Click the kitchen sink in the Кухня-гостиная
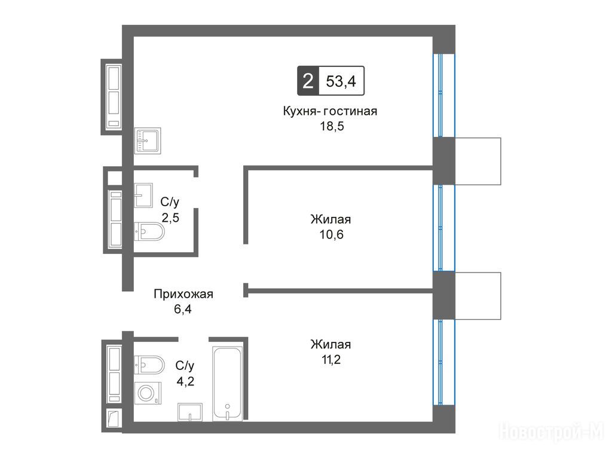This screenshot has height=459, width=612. (x=148, y=140)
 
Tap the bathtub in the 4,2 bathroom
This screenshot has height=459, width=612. (x=228, y=384)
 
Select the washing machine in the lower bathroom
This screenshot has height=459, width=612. (x=148, y=393)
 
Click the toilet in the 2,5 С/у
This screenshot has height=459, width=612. (x=149, y=231)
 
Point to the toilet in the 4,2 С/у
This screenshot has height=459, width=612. (x=149, y=365)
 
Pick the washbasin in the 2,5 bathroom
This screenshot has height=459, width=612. (x=143, y=195)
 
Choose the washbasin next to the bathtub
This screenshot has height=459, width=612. (x=190, y=412)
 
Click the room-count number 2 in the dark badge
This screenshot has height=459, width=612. (x=308, y=81)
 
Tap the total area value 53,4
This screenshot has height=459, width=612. (x=341, y=81)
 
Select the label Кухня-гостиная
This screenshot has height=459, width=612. (x=330, y=111)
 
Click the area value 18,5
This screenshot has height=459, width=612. (x=332, y=126)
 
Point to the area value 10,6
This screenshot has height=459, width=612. (x=331, y=234)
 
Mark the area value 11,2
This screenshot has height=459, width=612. (x=331, y=359)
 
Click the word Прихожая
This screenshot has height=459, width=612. (x=183, y=293)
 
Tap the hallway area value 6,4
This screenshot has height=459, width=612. (x=183, y=309)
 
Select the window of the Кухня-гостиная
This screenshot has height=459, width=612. (x=444, y=95)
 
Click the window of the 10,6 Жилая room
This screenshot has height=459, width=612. (x=444, y=228)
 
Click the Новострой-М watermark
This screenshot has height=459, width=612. (x=551, y=432)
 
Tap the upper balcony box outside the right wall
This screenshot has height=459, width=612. (x=478, y=161)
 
